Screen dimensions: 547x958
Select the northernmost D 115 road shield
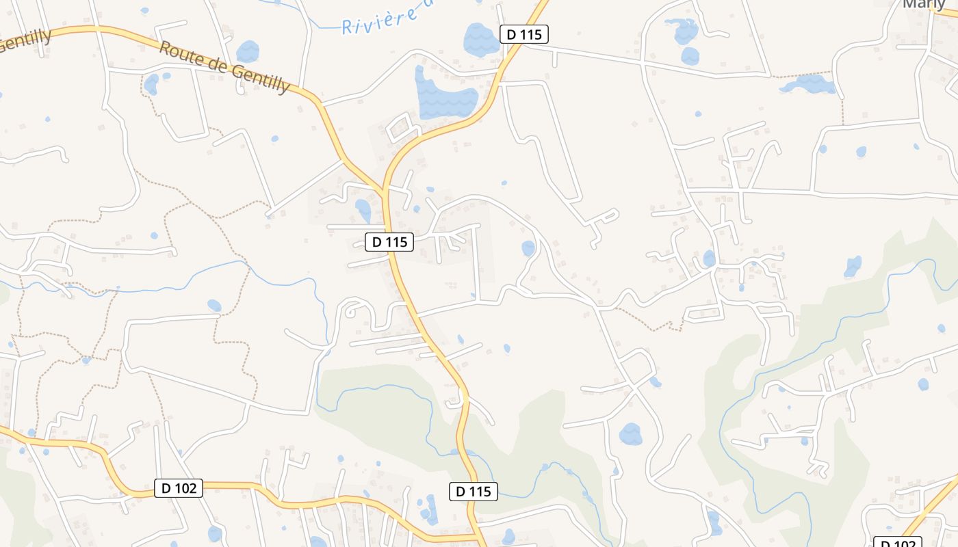[524, 34]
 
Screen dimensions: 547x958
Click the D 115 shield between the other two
[389, 241]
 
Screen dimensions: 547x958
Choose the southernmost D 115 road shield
[473, 491]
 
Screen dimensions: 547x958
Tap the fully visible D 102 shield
[179, 488]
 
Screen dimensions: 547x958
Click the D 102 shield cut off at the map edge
[898, 542]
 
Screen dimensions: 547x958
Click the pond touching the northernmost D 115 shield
[481, 40]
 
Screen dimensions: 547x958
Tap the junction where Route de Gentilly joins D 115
[383, 191]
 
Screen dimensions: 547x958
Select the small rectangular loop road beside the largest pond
[400, 128]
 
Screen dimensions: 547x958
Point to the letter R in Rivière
[347, 28]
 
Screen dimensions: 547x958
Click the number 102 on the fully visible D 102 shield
[185, 488]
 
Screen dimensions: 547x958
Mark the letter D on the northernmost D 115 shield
[511, 34]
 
